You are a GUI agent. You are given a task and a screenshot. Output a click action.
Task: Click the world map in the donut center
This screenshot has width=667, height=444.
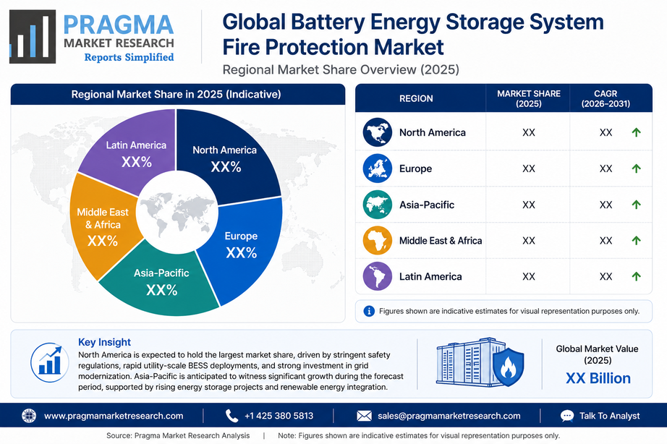(x=177, y=213)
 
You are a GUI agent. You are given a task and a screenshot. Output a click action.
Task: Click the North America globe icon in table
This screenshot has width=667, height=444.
(x=378, y=132)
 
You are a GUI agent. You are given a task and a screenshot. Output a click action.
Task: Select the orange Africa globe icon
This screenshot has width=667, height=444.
(x=378, y=240)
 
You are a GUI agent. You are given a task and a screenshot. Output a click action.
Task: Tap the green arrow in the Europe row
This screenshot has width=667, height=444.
(x=637, y=168)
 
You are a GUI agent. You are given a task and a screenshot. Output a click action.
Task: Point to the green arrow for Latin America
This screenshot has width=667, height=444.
(x=637, y=276)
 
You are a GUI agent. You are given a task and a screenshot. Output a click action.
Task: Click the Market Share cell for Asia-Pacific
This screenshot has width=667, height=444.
(x=528, y=205)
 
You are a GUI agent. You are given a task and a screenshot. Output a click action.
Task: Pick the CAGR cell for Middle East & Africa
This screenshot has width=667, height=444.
(x=606, y=241)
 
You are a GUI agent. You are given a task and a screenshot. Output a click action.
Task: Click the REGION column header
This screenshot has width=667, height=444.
(x=416, y=98)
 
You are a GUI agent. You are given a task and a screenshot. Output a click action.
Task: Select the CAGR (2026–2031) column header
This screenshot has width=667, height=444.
(x=606, y=98)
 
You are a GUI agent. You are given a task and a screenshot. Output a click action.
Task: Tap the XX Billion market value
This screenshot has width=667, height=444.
(x=598, y=378)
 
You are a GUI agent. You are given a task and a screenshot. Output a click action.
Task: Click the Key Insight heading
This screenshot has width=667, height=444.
(x=104, y=342)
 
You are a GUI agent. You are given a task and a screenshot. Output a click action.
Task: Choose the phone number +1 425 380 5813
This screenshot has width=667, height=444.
(x=279, y=416)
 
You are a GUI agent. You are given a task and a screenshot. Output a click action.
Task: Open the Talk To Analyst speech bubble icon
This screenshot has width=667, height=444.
(x=567, y=416)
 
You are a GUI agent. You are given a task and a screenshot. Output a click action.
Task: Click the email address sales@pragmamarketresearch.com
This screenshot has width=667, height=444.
(x=449, y=416)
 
